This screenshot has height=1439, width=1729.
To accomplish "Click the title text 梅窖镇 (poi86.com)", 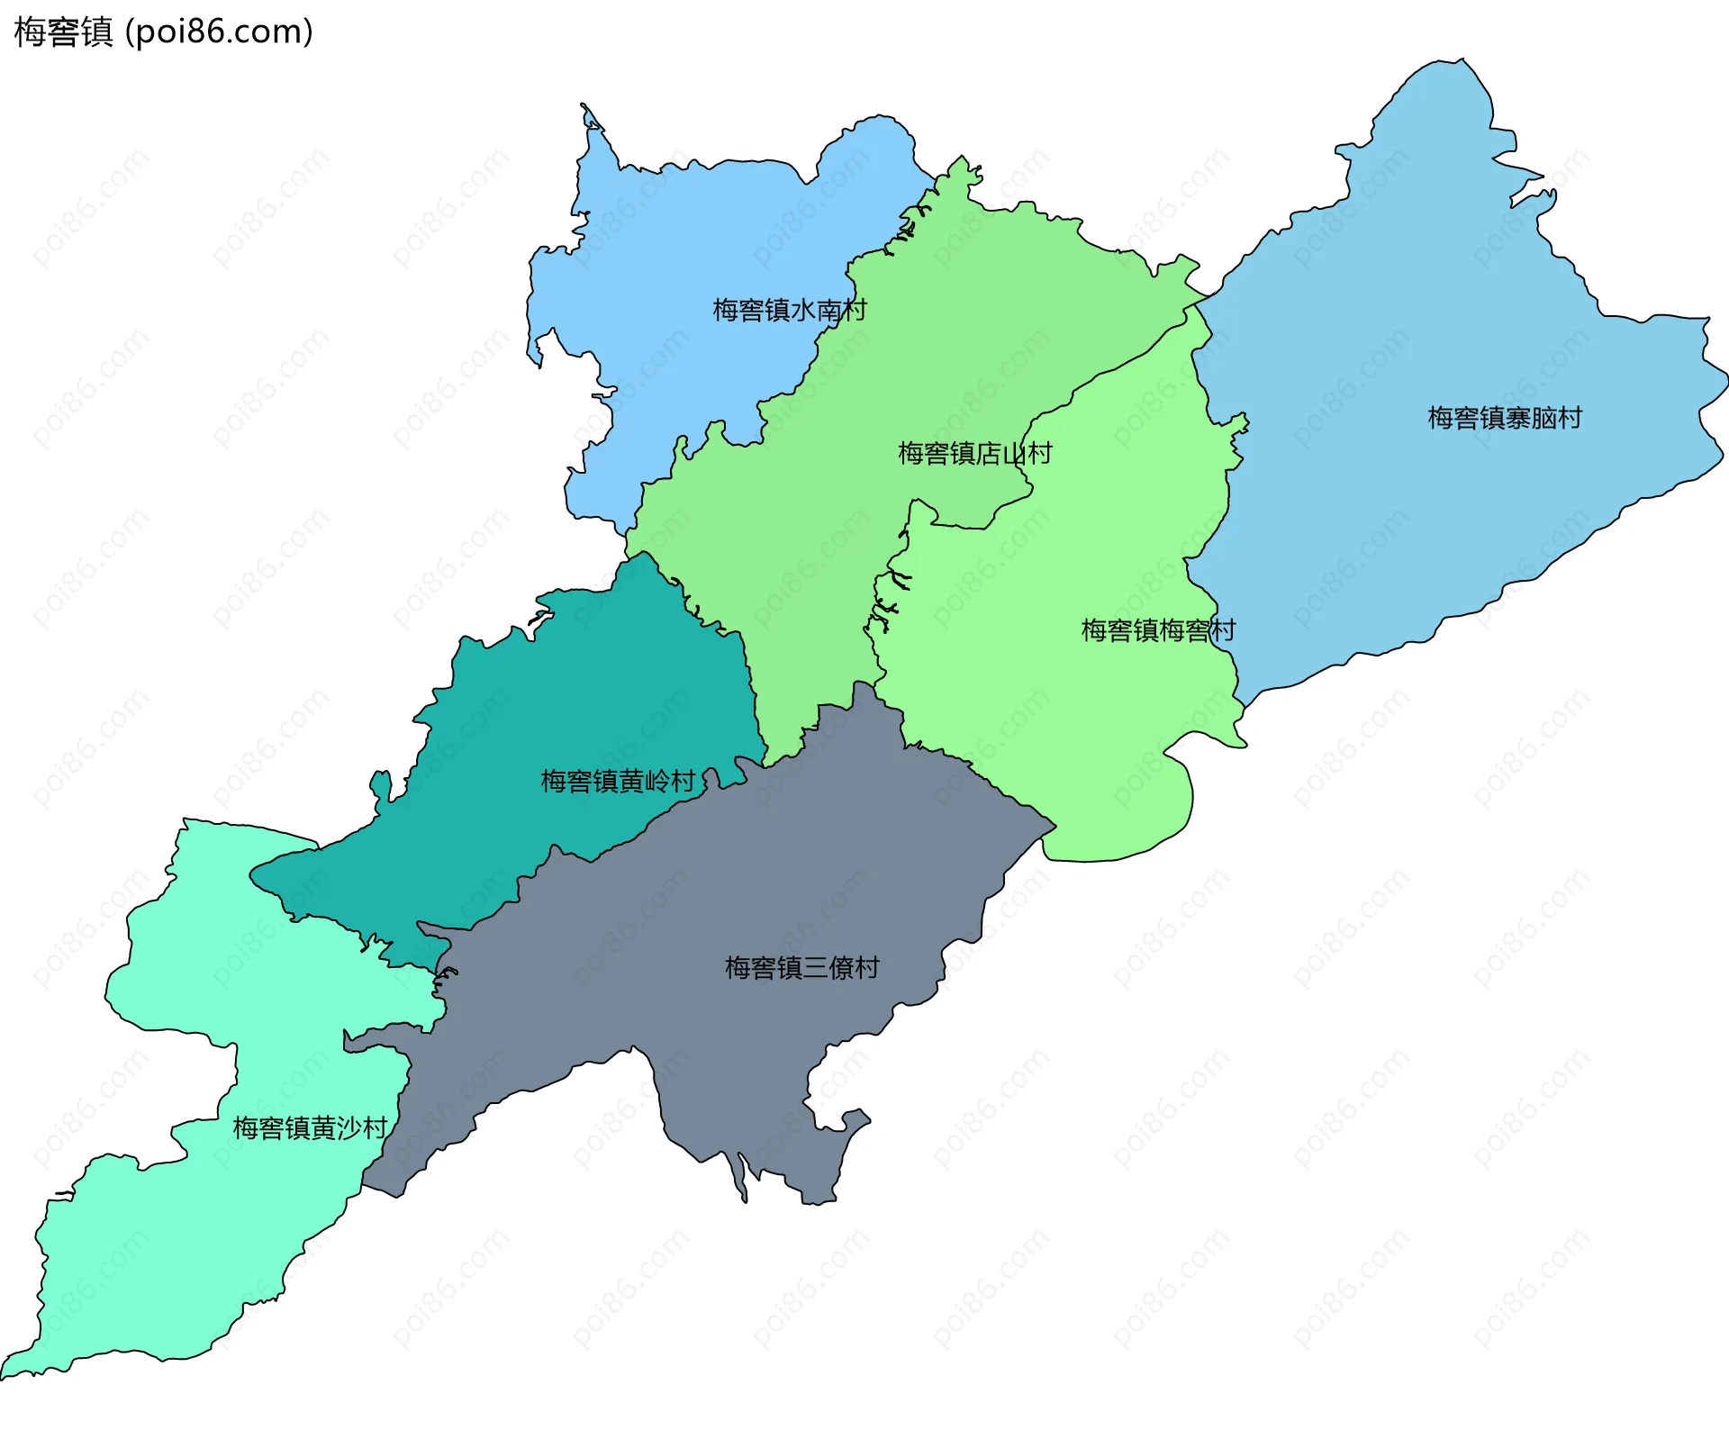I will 163,32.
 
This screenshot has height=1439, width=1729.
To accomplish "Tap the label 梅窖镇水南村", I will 789,310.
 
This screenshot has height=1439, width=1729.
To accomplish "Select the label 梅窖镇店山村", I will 974,453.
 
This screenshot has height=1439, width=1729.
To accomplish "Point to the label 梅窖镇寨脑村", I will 1504,418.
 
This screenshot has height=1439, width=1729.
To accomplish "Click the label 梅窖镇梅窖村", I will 1157,630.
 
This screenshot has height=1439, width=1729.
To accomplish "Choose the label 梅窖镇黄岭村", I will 618,781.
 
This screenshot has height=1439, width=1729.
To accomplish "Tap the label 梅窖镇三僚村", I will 801,968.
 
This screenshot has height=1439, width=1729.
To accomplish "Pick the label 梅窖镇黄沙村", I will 310,1127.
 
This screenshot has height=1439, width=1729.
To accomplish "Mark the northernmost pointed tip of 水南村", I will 584,106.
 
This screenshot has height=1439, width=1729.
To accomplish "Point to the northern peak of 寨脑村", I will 1461,61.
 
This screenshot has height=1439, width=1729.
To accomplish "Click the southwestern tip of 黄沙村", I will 5,1376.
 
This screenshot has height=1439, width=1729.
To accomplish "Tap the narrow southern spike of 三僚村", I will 744,1198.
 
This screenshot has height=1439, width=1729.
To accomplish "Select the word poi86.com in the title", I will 220,32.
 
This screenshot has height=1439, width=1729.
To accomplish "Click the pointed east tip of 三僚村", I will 1054,824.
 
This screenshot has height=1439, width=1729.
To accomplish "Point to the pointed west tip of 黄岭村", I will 252,873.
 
